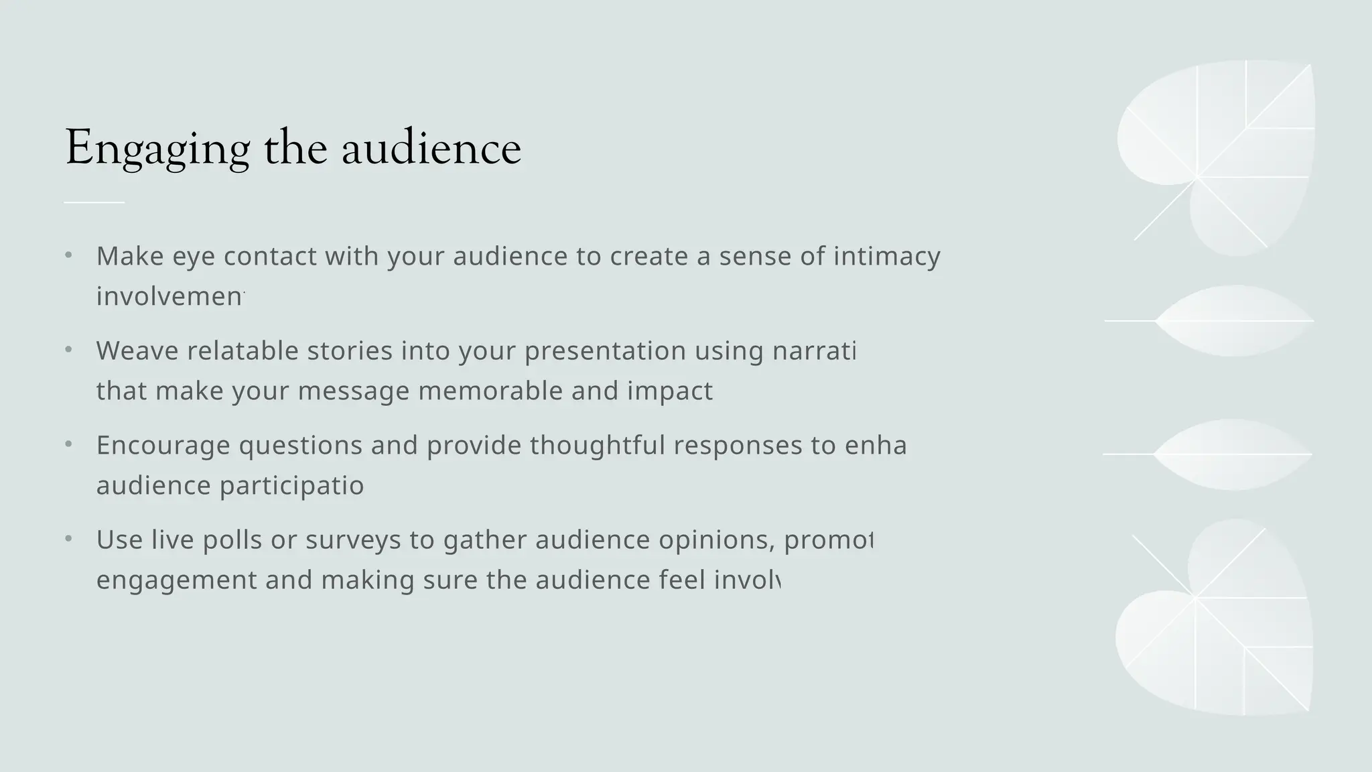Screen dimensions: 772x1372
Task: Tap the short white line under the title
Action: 94,202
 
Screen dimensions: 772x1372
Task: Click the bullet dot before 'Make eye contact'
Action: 68,255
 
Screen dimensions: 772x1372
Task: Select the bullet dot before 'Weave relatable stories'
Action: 68,350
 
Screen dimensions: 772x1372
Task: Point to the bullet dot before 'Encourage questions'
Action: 68,444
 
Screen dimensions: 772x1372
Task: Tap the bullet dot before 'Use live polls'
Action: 68,539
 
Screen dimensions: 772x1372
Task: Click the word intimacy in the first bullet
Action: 886,257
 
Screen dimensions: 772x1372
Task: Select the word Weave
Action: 137,351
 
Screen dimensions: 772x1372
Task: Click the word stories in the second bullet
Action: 350,351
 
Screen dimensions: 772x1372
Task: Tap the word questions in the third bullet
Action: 300,446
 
